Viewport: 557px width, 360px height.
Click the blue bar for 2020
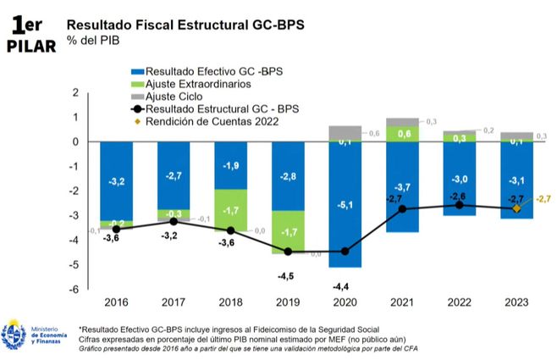345,204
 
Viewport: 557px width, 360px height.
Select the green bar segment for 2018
230,209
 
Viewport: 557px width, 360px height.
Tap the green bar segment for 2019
288,231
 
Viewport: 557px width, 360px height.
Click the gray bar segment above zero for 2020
345,132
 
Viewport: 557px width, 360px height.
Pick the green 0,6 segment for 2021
402,133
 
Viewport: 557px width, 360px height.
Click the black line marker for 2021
402,208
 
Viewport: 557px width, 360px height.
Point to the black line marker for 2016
116,229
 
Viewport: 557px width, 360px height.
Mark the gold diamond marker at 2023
516,208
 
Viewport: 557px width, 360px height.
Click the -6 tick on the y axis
75,289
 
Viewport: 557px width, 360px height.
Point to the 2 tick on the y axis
77,92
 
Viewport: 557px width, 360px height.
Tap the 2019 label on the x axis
288,302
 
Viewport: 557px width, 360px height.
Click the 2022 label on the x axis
459,302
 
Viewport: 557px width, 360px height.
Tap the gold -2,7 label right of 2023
543,199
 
